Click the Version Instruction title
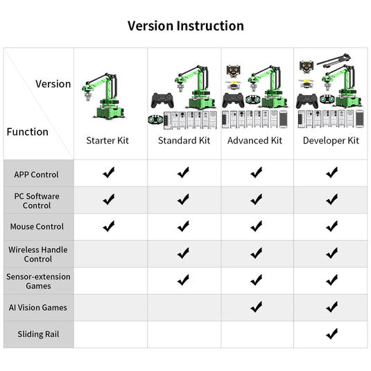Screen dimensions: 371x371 186,26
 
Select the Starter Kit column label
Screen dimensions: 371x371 107,140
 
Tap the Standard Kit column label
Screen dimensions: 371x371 184,140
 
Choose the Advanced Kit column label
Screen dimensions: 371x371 254,140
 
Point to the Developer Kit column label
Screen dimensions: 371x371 331,141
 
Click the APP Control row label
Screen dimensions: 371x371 36,175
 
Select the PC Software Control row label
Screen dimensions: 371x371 37,201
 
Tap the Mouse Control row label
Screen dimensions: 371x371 37,227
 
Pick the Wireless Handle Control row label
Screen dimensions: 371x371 38,254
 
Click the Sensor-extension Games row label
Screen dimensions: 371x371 38,281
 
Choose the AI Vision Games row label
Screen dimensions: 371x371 38,308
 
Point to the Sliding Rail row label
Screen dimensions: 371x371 38,334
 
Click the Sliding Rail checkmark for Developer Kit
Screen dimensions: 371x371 331,334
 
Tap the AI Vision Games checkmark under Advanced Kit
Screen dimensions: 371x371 257,307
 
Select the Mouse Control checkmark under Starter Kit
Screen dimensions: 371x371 109,226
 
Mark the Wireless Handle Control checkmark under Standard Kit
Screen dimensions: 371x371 183,253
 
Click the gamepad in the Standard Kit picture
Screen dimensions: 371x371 162,101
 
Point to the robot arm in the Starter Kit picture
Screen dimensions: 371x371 103,96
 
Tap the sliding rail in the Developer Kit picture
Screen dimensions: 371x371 334,60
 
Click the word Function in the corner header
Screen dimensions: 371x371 28,132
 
